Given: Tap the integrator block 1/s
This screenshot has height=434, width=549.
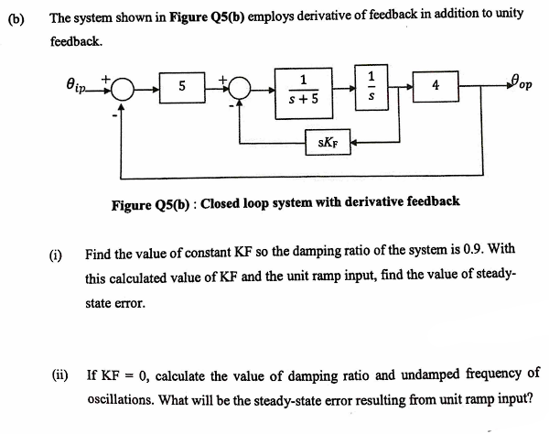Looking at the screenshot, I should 371,86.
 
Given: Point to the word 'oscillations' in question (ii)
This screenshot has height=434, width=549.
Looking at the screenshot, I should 121,399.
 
